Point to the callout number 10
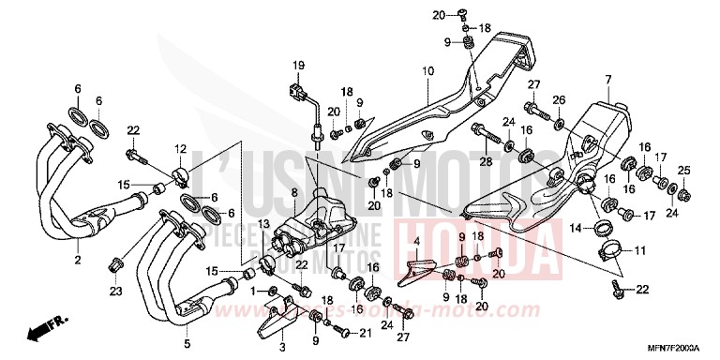point(426,71)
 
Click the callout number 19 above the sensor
point(299,64)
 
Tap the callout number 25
point(682,169)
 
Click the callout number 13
point(263,224)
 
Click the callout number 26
point(558,99)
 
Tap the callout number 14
point(575,227)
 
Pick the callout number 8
point(292,193)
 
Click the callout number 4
point(415,241)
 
